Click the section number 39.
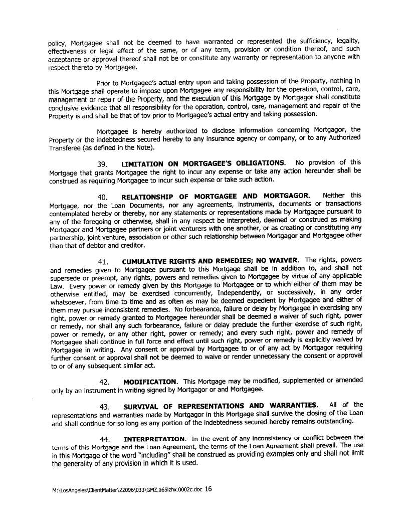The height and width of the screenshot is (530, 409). click(x=104, y=163)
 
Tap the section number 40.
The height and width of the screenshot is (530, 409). click(x=104, y=196)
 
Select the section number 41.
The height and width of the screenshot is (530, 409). click(x=104, y=261)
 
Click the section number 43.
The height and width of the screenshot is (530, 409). click(x=104, y=406)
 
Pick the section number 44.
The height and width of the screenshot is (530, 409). click(x=105, y=439)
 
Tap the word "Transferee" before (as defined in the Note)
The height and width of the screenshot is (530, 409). click(x=66, y=148)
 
